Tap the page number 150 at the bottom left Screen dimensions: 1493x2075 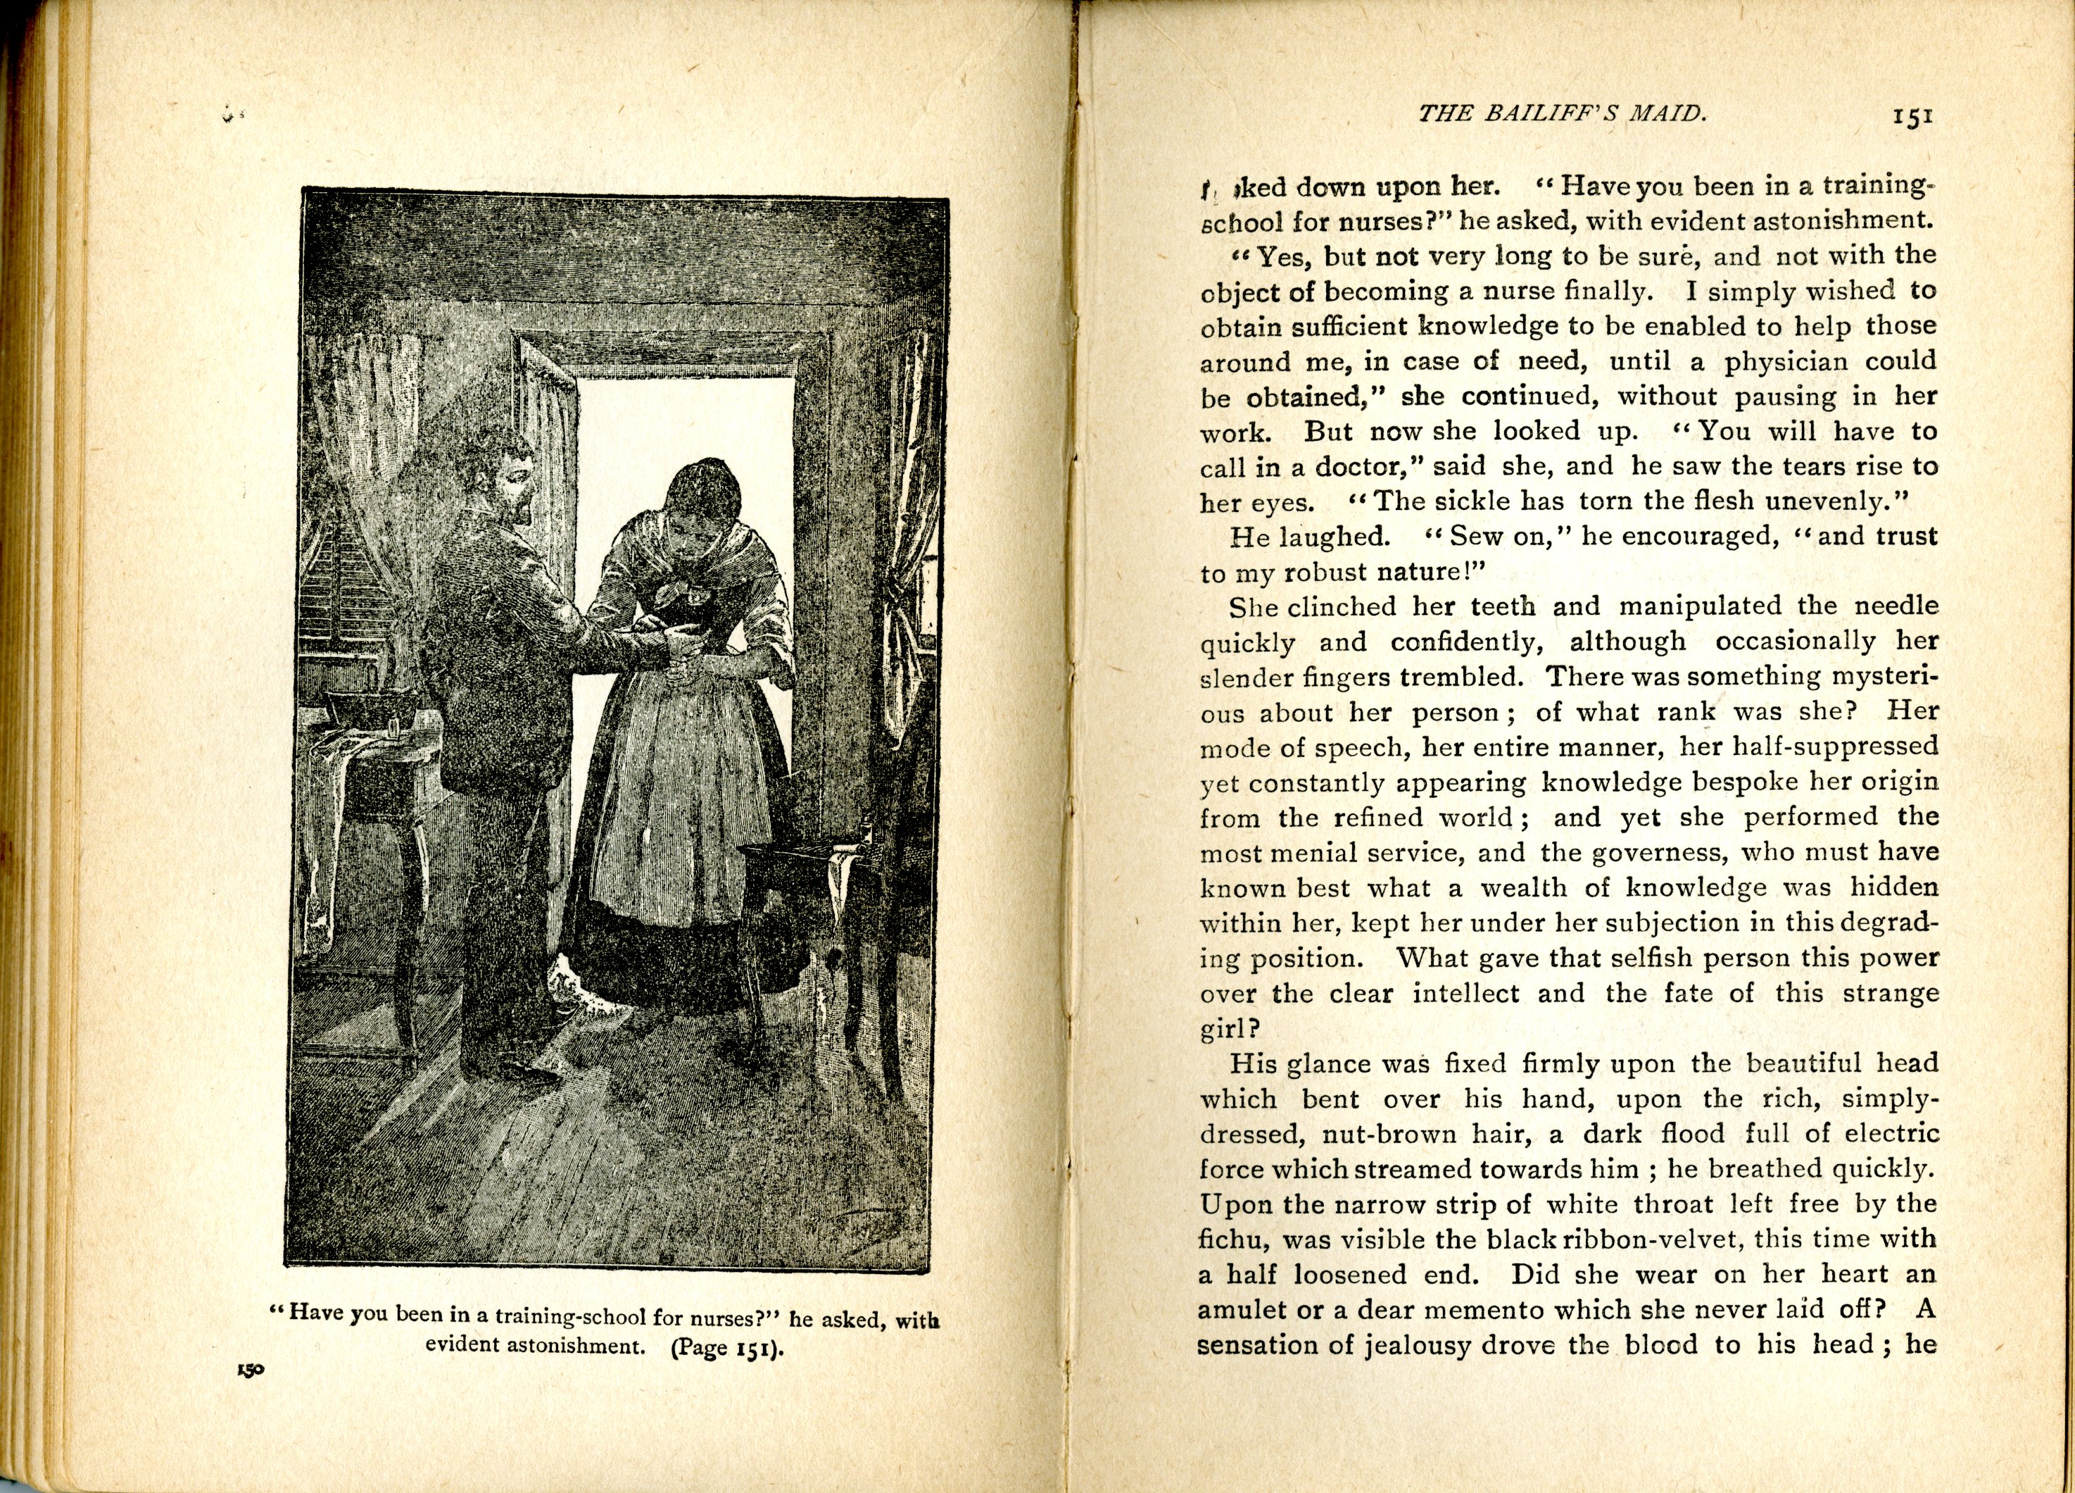pyautogui.click(x=251, y=1370)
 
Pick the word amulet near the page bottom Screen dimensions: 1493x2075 pyautogui.click(x=1243, y=1310)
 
